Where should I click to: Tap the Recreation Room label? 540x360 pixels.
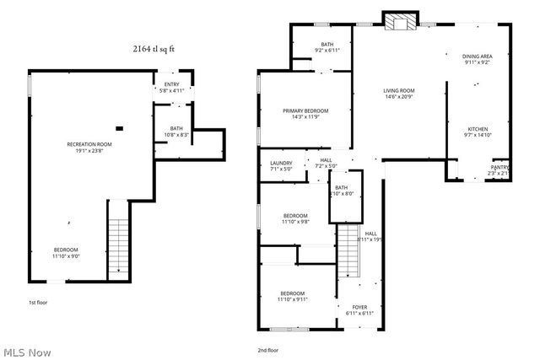tap(89, 148)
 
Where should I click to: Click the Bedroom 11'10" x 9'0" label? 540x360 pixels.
tap(67, 253)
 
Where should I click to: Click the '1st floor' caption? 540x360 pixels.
tap(38, 301)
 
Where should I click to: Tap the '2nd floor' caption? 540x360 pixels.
tap(269, 350)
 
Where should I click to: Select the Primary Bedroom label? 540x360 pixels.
tap(305, 114)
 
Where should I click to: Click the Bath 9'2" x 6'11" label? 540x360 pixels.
tap(328, 47)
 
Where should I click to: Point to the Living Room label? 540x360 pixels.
tap(400, 94)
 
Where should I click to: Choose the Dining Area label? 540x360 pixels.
tap(478, 59)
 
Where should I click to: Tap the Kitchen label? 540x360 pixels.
tap(478, 132)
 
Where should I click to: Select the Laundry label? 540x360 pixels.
tap(281, 166)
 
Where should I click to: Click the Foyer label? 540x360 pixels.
tap(360, 310)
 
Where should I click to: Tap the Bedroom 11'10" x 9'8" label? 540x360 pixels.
tap(295, 218)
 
